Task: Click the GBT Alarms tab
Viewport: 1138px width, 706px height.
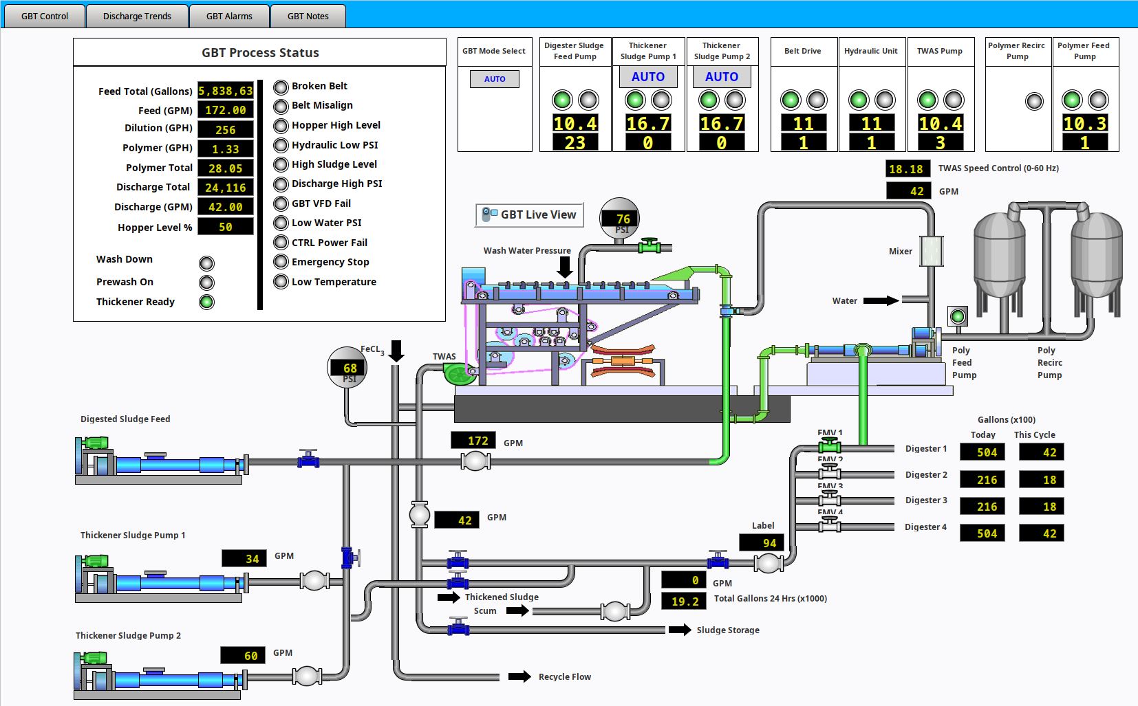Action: [x=229, y=16]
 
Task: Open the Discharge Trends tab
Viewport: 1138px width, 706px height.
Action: [x=137, y=16]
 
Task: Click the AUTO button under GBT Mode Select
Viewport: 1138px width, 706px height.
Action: [x=495, y=79]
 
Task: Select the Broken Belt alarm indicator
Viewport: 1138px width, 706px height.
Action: [x=281, y=87]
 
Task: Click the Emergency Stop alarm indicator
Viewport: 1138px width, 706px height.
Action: [x=281, y=262]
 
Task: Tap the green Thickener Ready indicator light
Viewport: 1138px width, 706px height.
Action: [x=206, y=302]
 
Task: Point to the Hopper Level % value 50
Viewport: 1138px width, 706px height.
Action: [x=226, y=227]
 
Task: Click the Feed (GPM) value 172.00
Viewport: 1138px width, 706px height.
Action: [x=226, y=110]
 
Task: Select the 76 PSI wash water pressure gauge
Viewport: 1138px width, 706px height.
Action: [x=620, y=219]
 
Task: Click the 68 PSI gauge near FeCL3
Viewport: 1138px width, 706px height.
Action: [x=347, y=368]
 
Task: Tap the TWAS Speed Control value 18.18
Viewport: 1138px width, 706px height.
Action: [x=906, y=169]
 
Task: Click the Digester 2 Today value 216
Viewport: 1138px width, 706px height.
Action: [x=987, y=480]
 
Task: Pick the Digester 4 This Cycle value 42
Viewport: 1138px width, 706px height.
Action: [x=1049, y=533]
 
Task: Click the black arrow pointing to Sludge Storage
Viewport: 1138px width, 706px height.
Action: [x=680, y=630]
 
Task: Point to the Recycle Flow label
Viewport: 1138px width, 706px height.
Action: [x=565, y=677]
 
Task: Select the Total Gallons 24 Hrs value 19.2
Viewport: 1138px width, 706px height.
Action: [x=685, y=602]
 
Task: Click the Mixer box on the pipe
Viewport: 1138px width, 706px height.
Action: [x=931, y=251]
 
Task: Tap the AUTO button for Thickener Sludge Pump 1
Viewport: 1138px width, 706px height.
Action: [x=648, y=77]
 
